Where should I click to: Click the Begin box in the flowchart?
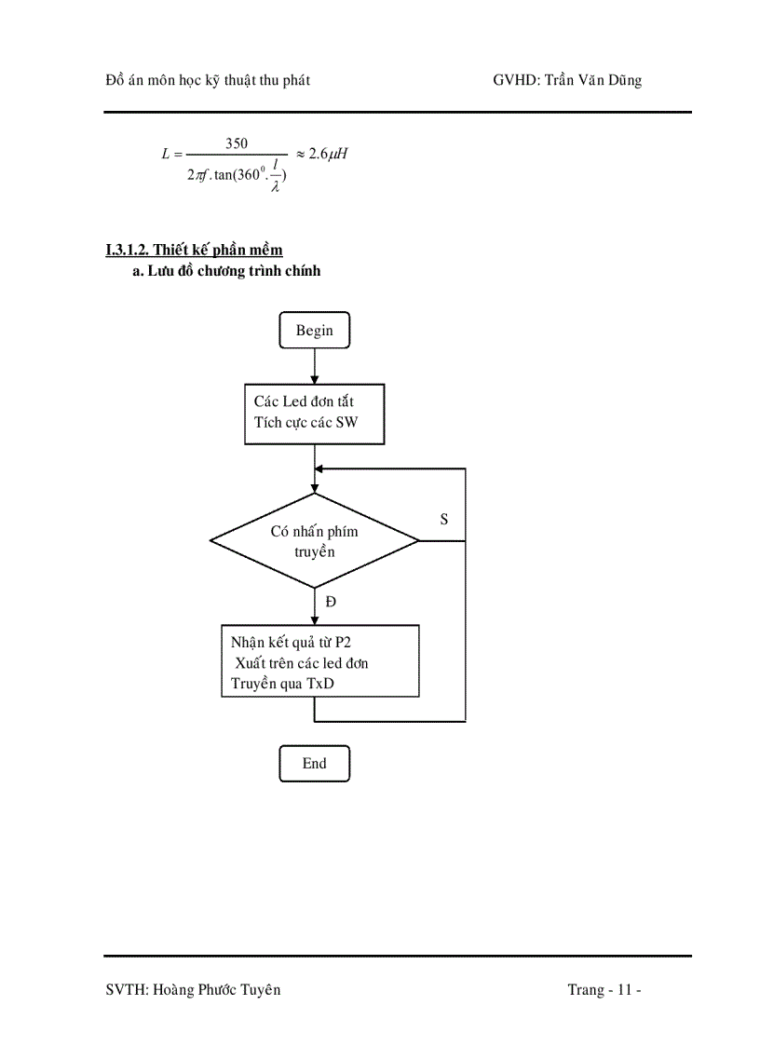click(x=314, y=331)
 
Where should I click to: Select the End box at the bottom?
click(x=314, y=763)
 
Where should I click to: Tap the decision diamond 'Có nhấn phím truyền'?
click(x=314, y=541)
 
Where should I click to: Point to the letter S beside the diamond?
click(x=444, y=520)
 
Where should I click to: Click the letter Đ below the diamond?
click(x=331, y=602)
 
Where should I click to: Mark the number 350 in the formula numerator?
click(x=237, y=143)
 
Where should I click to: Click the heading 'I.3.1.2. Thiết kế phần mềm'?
click(x=194, y=250)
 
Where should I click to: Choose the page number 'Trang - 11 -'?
click(x=604, y=989)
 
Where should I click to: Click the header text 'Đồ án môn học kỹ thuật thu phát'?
click(x=208, y=80)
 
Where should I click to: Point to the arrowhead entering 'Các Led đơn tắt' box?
click(x=314, y=379)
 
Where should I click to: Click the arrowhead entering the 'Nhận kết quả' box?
click(x=314, y=619)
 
